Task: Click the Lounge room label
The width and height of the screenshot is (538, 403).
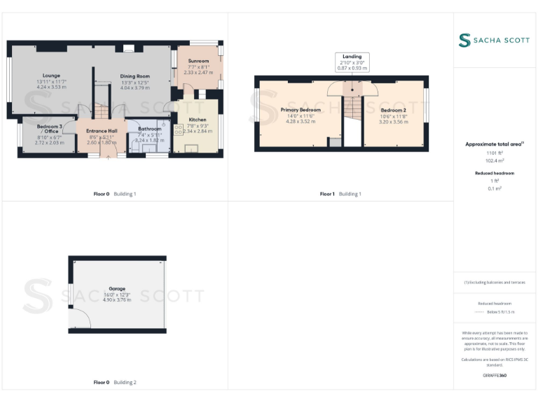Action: pyautogui.click(x=51, y=76)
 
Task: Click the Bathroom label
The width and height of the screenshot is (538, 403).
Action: pyautogui.click(x=149, y=129)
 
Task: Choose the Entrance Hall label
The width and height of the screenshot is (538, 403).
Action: pyautogui.click(x=101, y=131)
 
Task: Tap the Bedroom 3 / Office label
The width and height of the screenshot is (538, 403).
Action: pyautogui.click(x=50, y=129)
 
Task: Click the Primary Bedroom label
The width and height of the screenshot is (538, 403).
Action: pyautogui.click(x=301, y=110)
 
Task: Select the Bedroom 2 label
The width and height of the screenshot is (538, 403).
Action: pyautogui.click(x=393, y=110)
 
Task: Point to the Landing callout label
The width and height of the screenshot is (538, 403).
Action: pyautogui.click(x=352, y=56)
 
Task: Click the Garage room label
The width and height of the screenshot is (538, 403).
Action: pyautogui.click(x=117, y=288)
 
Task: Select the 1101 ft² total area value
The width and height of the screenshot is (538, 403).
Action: pyautogui.click(x=495, y=153)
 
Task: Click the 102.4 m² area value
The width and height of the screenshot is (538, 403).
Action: pyautogui.click(x=495, y=160)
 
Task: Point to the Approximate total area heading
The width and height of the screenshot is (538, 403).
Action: pyautogui.click(x=495, y=144)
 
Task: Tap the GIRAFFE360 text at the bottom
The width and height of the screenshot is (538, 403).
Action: pyautogui.click(x=495, y=376)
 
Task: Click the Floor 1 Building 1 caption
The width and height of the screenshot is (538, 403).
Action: pyautogui.click(x=340, y=194)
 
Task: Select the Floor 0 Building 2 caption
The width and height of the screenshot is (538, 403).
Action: pyautogui.click(x=115, y=383)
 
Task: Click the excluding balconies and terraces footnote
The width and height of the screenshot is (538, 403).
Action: pyautogui.click(x=495, y=282)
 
